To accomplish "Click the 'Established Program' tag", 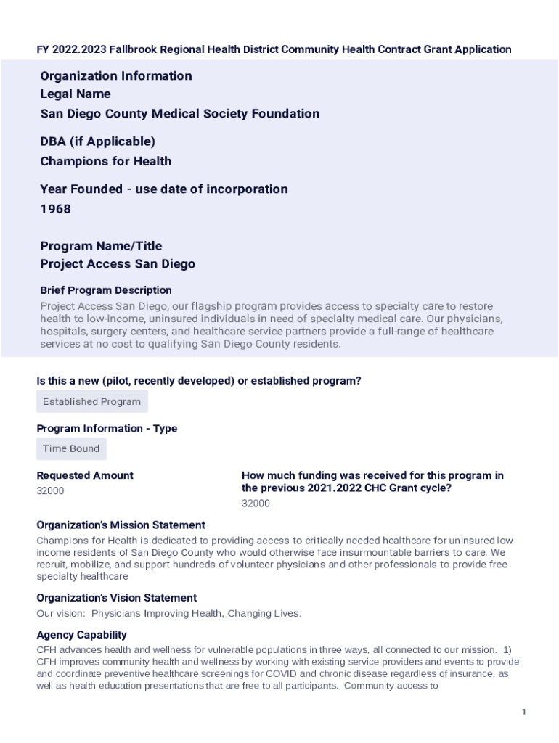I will tap(91, 401).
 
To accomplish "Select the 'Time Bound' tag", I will tap(71, 448).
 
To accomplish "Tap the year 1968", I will tap(56, 209).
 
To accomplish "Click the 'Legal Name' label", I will tap(76, 94).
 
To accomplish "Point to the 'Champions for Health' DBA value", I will tap(106, 161).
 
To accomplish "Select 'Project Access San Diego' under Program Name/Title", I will tap(118, 264).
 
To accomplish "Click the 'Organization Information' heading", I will tap(116, 76).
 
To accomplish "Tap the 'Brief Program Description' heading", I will tap(106, 290).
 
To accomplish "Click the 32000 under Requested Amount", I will tap(50, 490).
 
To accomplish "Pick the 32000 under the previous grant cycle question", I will tap(256, 504).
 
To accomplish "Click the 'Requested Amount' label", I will tap(85, 475).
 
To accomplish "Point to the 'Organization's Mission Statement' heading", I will tap(121, 525).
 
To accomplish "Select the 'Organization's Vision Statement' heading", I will tap(116, 598).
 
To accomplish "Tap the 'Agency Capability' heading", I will tap(81, 635).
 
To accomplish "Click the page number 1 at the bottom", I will tap(523, 712).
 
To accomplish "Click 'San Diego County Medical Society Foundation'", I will tap(180, 114).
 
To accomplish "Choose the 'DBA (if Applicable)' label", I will tap(98, 141).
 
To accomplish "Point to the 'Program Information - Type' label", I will tap(107, 428).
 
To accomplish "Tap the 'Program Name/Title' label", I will tap(101, 246).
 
